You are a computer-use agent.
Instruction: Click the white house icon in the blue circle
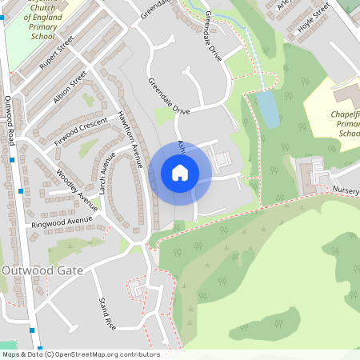(180, 172)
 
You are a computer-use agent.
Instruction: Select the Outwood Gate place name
(43, 270)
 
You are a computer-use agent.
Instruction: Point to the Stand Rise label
(107, 314)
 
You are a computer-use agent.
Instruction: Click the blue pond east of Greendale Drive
(268, 109)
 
